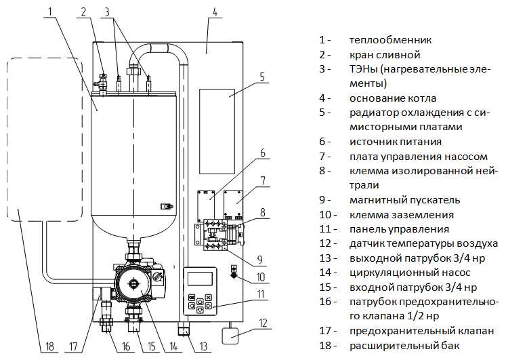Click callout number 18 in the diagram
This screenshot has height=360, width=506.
pyautogui.click(x=49, y=347)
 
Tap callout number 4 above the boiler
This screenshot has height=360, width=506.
pyautogui.click(x=214, y=12)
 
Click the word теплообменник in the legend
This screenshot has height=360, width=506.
pyautogui.click(x=390, y=39)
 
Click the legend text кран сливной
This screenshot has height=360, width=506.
pyautogui.click(x=385, y=54)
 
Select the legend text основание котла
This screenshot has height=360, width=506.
pyautogui.click(x=392, y=98)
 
